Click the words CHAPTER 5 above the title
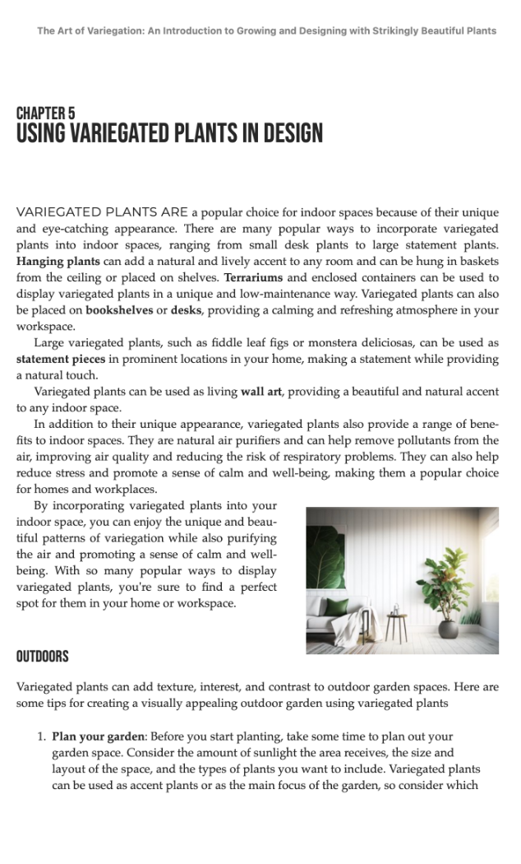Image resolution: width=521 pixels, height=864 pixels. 45,114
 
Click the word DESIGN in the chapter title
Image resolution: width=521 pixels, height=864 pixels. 287,133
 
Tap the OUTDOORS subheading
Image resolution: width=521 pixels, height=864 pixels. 42,657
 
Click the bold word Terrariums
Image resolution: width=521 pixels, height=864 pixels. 254,278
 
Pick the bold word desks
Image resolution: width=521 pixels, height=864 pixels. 187,310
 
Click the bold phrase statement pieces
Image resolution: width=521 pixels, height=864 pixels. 61,359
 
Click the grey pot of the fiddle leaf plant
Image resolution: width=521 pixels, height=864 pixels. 448,629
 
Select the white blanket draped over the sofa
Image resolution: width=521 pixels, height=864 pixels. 348,624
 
